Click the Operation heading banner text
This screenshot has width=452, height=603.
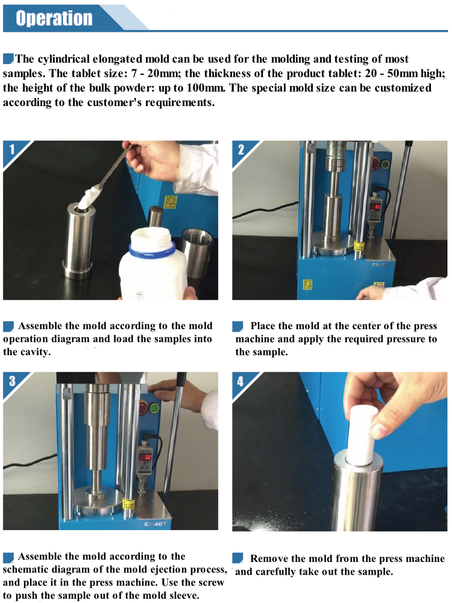(x=54, y=17)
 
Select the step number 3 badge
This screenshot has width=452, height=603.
(x=11, y=381)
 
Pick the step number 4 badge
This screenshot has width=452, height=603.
(x=241, y=381)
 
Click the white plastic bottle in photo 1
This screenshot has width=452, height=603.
(x=151, y=271)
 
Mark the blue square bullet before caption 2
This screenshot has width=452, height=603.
(x=237, y=326)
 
